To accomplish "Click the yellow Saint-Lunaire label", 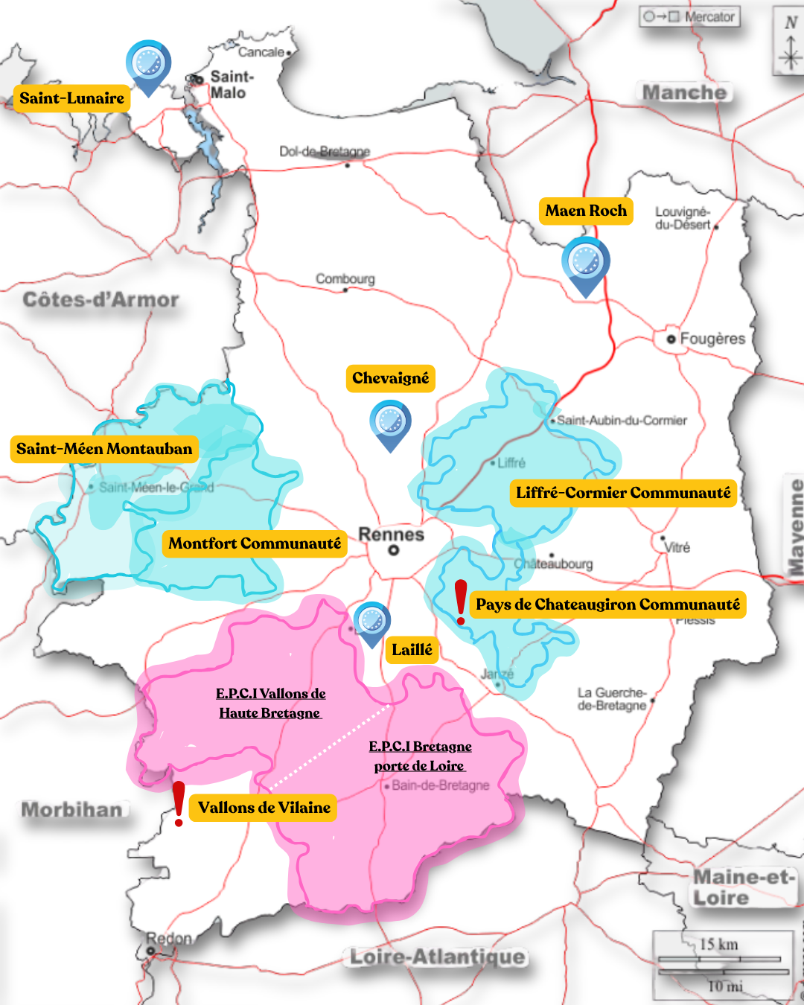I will tap(71, 98).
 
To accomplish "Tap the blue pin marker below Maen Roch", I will tap(586, 264).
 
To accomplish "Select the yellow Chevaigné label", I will tap(390, 378).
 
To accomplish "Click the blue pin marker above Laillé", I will tap(371, 622).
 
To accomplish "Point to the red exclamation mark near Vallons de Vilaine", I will tap(179, 803).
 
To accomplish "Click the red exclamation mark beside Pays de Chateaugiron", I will tap(461, 602).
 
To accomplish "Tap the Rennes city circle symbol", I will tap(394, 551).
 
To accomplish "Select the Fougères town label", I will tap(712, 339).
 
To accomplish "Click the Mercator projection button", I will tap(689, 16).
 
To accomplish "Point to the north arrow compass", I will tap(790, 41).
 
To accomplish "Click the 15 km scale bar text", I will tap(718, 945).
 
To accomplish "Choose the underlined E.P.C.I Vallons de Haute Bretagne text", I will tap(270, 703).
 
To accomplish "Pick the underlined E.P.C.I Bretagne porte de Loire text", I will tap(420, 756).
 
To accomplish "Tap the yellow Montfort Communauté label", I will tap(255, 543).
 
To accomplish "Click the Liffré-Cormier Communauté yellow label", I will tap(623, 493).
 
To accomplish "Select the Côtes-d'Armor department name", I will tap(100, 300).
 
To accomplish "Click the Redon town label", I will tap(169, 939).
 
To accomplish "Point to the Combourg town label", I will tap(345, 279).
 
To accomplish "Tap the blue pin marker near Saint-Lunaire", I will tap(148, 66).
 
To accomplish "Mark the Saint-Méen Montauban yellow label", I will tap(104, 449).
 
